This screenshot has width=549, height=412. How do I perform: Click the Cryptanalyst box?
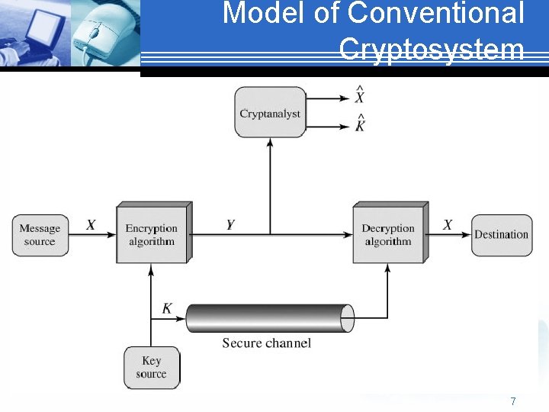tap(270, 112)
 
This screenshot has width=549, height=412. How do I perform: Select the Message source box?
tap(39, 234)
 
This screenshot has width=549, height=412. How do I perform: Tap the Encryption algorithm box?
tap(151, 234)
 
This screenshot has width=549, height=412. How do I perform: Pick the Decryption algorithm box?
tap(387, 234)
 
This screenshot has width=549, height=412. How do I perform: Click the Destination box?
tap(501, 234)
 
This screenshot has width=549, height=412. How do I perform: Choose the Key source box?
tap(151, 367)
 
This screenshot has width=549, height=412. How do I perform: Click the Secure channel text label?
tap(266, 343)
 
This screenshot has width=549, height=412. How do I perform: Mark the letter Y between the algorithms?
tap(230, 225)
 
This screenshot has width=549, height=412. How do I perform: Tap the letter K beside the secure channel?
tap(167, 309)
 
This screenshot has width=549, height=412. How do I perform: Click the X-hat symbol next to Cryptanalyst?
tap(359, 96)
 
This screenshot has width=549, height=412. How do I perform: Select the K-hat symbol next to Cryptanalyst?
tap(359, 124)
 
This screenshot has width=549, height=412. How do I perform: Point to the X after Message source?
tap(91, 225)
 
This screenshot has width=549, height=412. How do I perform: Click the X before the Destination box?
tap(448, 225)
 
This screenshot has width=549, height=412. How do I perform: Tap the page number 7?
tap(513, 401)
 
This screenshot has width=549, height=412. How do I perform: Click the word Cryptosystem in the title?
tap(432, 50)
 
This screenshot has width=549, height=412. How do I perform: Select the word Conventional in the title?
tap(435, 14)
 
